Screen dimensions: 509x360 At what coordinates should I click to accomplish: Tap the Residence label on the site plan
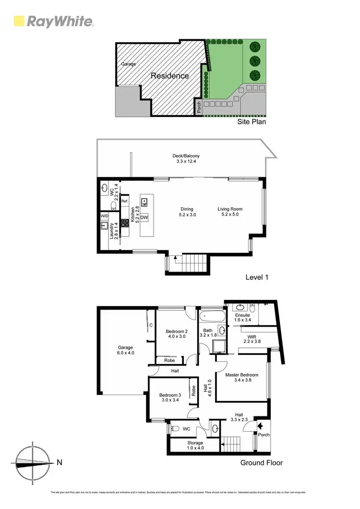coord(170,76)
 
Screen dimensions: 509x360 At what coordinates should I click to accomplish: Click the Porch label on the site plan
coord(198,108)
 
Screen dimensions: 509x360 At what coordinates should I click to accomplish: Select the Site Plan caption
coord(252,122)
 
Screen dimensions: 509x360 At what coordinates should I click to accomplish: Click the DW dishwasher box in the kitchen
coord(144,217)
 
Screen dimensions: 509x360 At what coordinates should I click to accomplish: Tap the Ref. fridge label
coord(124,201)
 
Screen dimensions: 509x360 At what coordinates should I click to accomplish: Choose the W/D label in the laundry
coord(104,216)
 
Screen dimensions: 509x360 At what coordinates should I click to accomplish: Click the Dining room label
coord(187,209)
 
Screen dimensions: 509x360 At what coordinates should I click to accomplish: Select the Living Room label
coord(230,209)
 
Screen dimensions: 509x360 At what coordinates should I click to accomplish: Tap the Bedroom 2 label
coord(177,331)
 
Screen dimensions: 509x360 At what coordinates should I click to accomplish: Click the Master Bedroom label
coord(242,375)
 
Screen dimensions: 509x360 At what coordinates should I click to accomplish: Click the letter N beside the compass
coord(59,462)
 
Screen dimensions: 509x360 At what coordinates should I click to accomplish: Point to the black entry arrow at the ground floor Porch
coord(260,425)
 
